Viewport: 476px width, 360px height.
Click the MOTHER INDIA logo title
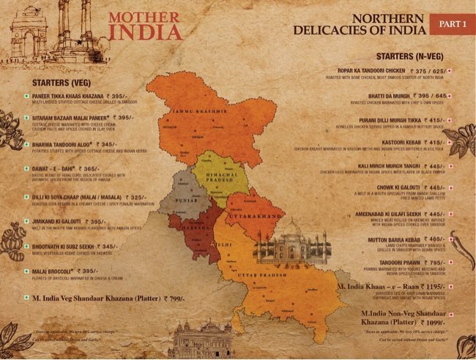(x=144, y=25)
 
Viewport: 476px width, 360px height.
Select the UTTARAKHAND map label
(x=256, y=218)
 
